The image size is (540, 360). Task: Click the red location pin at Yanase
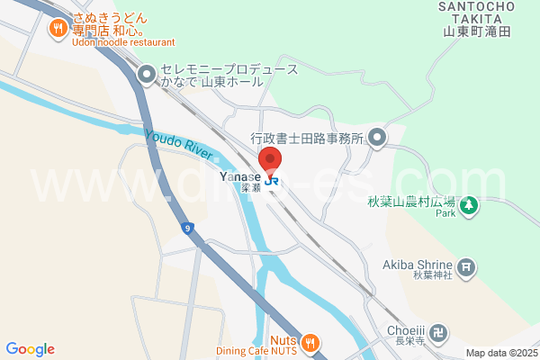pos(270,160)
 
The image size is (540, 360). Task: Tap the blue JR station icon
pos(271,179)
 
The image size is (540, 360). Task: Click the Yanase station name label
pos(240,177)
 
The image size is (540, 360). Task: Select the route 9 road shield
pos(185,229)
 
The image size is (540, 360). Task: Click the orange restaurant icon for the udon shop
pos(57,28)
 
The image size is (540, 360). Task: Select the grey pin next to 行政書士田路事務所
pos(376,139)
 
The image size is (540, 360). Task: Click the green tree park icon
pos(468,205)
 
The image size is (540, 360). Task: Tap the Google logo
pos(30,349)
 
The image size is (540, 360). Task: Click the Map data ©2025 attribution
pos(500,353)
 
